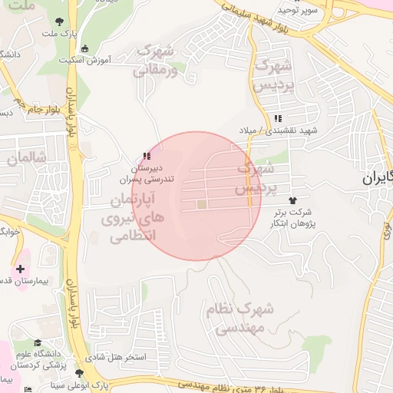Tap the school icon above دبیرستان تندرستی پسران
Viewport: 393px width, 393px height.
click(x=146, y=156)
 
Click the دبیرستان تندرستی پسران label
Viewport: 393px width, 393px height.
click(x=146, y=173)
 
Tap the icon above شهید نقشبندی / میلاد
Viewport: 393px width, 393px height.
click(x=278, y=118)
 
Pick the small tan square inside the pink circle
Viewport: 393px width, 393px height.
click(x=201, y=205)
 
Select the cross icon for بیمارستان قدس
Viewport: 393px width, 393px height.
click(x=20, y=269)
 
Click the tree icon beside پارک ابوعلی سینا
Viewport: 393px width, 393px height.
click(x=79, y=373)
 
